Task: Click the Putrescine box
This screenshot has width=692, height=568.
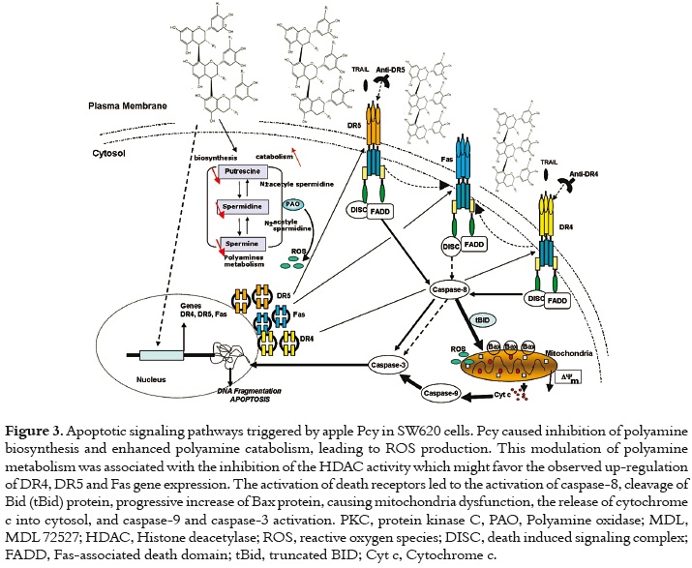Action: [x=249, y=171]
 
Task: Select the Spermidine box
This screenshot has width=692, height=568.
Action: [x=249, y=208]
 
